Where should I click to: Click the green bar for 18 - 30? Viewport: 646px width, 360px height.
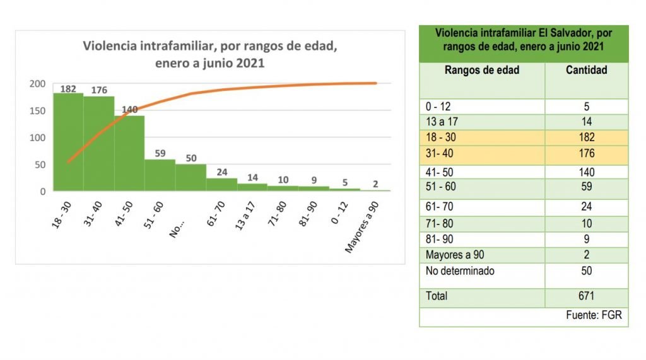click(x=68, y=142)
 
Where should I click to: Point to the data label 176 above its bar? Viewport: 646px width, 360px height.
click(x=99, y=90)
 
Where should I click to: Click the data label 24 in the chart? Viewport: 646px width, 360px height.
click(x=221, y=172)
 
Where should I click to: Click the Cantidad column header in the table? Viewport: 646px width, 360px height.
click(x=587, y=70)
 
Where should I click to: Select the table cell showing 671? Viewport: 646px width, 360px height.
click(x=587, y=296)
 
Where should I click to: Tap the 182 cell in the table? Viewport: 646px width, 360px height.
click(x=587, y=137)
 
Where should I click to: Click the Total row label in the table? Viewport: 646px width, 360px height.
click(x=437, y=296)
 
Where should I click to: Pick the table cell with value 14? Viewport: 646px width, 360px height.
click(x=587, y=122)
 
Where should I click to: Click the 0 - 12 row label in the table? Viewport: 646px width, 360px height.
click(x=438, y=107)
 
